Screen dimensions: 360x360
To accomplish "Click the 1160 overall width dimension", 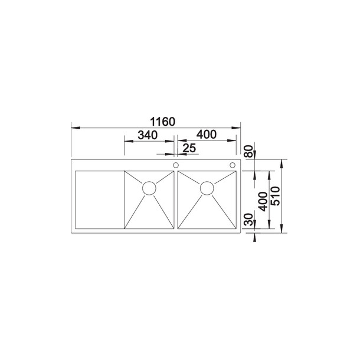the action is point(162,122).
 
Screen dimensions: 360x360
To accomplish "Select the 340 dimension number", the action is point(148,135).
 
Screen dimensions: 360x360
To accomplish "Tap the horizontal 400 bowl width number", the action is point(207,135).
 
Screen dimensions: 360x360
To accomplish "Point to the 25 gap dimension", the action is point(189,148).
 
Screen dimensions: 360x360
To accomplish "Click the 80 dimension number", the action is point(248,151).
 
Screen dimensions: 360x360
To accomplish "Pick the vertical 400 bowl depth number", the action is point(263,202).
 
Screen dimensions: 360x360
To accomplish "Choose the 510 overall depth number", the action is point(275,196).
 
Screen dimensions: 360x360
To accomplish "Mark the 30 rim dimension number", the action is point(248,220).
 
